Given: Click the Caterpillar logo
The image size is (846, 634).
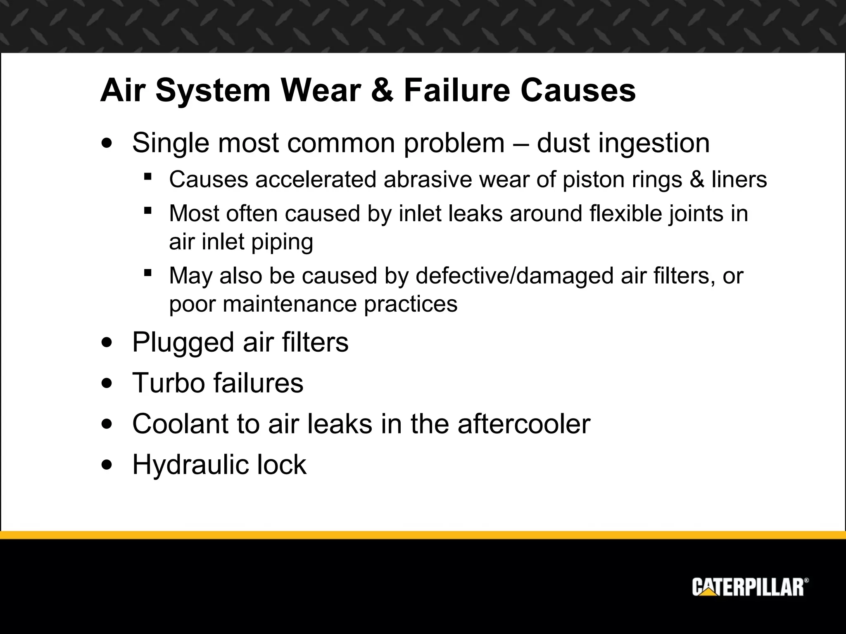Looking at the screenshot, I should (x=750, y=587).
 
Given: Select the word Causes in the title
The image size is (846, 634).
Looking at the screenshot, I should (x=578, y=90).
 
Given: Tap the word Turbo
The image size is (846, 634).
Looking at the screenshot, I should (x=168, y=383).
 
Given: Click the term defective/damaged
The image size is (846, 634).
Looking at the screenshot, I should (x=514, y=276).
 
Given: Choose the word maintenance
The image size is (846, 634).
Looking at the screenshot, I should (x=290, y=304).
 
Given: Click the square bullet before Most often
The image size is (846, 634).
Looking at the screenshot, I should (x=147, y=211).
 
